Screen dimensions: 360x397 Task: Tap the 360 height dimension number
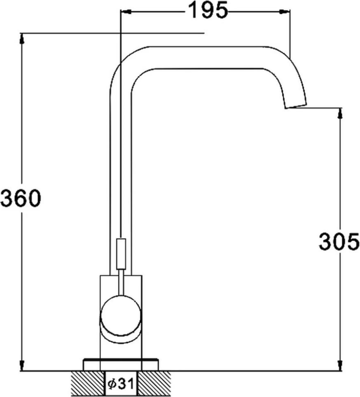point(21,198)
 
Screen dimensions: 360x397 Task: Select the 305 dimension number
point(339,242)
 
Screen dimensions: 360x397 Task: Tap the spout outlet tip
point(296,106)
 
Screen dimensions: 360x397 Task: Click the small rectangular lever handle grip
point(121,254)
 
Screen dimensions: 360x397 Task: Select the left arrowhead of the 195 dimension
point(126,12)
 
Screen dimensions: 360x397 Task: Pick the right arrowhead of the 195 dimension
point(284,12)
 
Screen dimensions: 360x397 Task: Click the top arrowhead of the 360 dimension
point(22,39)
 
